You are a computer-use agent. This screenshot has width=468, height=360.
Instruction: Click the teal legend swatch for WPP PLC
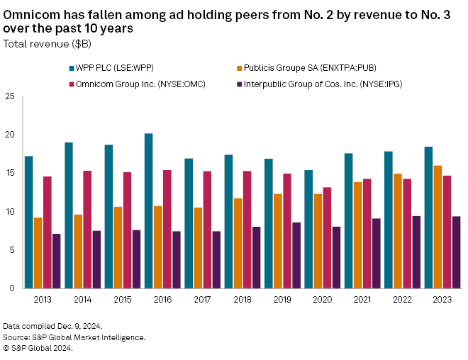coord(73,68)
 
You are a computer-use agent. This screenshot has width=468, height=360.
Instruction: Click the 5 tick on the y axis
coord(12,249)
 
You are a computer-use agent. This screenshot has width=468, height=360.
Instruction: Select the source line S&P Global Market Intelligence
coord(74,337)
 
